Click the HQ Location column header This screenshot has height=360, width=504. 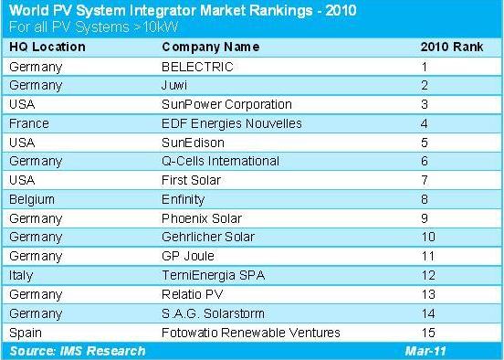47,47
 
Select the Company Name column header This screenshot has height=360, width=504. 205,47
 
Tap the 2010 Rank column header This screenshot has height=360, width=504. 447,47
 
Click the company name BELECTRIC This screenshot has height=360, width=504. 196,66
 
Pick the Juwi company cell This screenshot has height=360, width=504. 175,85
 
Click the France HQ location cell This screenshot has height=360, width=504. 28,122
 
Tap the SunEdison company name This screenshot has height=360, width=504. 191,142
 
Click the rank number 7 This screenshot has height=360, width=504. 448,179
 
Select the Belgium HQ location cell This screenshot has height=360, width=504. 31,198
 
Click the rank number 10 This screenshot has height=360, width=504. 448,237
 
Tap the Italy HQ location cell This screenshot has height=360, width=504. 21,274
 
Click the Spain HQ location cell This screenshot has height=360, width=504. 25,331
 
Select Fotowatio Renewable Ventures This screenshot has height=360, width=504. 239,331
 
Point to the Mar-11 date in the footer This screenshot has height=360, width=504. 425,350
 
